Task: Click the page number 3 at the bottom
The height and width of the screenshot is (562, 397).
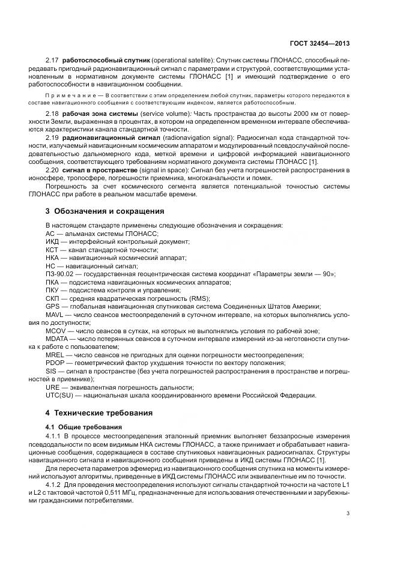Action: [x=348, y=513]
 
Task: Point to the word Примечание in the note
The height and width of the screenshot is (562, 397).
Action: [x=67, y=95]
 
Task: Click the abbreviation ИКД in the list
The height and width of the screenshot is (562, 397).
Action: [x=52, y=241]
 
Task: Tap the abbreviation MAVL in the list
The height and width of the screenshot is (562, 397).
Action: [x=55, y=314]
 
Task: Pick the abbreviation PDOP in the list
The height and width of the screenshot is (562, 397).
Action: [x=55, y=363]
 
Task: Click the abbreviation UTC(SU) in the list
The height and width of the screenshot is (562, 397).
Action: [x=59, y=395]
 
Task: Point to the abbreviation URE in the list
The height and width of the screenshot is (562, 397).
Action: [x=52, y=387]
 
